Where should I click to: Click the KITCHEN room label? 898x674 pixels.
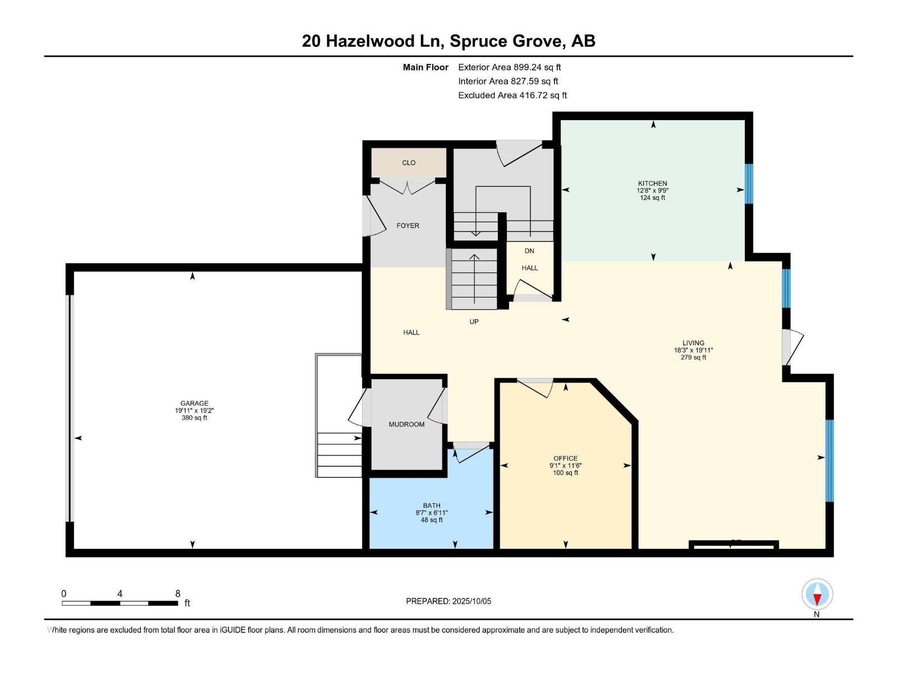pyautogui.click(x=652, y=184)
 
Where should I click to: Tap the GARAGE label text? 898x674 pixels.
pyautogui.click(x=194, y=403)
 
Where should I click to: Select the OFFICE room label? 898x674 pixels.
pyautogui.click(x=565, y=458)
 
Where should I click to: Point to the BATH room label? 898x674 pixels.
pyautogui.click(x=432, y=505)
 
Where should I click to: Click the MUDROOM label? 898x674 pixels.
pyautogui.click(x=406, y=425)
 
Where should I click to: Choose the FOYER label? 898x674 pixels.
pyautogui.click(x=407, y=226)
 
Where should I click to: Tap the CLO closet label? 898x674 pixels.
pyautogui.click(x=409, y=163)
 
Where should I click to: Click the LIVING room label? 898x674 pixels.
pyautogui.click(x=693, y=343)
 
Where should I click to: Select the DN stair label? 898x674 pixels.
pyautogui.click(x=529, y=251)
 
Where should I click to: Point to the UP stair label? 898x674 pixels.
pyautogui.click(x=474, y=322)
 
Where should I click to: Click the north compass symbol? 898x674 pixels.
pyautogui.click(x=817, y=594)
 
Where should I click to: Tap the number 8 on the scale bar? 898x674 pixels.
pyautogui.click(x=178, y=594)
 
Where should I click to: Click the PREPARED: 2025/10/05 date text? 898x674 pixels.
pyautogui.click(x=448, y=601)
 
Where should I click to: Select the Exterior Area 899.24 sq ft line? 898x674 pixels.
pyautogui.click(x=509, y=67)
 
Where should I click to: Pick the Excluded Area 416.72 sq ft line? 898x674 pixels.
pyautogui.click(x=512, y=95)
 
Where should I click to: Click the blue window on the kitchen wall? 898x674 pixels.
pyautogui.click(x=749, y=184)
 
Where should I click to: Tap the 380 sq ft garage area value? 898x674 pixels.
pyautogui.click(x=194, y=418)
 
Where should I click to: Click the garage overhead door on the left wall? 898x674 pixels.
pyautogui.click(x=70, y=408)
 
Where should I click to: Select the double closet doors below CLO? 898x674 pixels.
pyautogui.click(x=408, y=186)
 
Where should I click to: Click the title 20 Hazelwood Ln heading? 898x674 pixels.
pyautogui.click(x=448, y=41)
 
